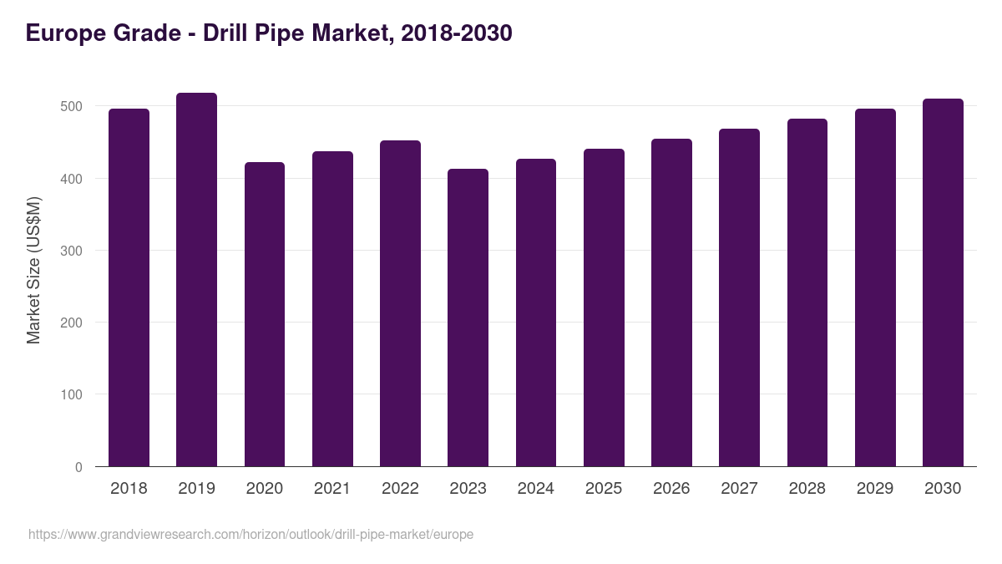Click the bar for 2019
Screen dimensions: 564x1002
[196, 280]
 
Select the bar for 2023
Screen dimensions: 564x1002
[468, 318]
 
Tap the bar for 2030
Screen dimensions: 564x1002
[943, 282]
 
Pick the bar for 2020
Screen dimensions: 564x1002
[265, 314]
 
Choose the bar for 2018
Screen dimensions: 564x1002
[129, 287]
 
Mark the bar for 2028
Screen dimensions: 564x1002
[807, 292]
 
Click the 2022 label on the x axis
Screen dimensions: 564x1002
[400, 488]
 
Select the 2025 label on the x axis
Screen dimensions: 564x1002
[603, 488]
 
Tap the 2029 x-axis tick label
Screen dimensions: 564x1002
[874, 488]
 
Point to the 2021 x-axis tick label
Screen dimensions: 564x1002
[332, 488]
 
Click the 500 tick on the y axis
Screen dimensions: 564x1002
[73, 107]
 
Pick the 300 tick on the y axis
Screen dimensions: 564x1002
[73, 251]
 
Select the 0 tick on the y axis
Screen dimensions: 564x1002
[79, 467]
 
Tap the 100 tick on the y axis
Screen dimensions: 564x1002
[73, 395]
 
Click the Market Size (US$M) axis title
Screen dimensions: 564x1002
[33, 270]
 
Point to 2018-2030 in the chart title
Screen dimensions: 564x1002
[457, 33]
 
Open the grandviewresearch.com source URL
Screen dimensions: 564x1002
[250, 534]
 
